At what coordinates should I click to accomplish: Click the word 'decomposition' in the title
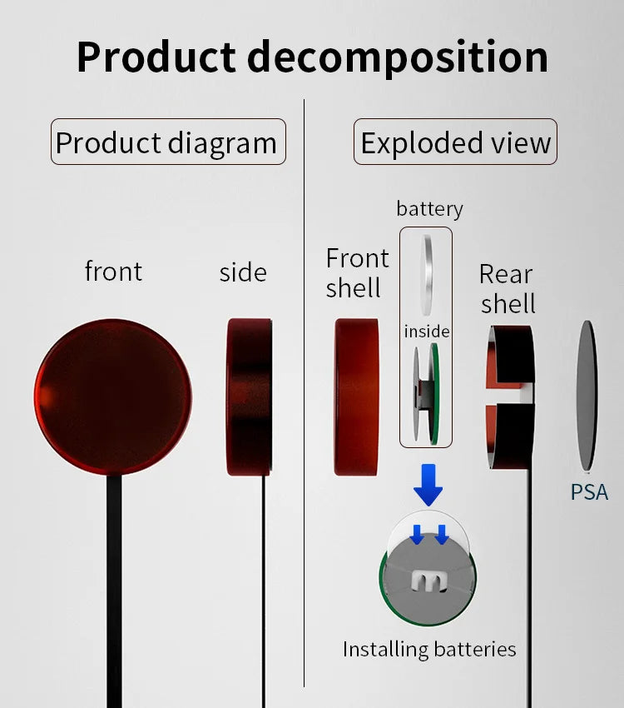[x=397, y=58]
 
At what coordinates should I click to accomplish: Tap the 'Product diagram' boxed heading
[x=168, y=142]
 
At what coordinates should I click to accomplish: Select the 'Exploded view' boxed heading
[x=455, y=142]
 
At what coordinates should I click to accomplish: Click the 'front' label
[x=113, y=271]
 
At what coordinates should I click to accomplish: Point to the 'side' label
[x=243, y=272]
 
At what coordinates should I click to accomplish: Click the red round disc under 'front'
[x=112, y=396]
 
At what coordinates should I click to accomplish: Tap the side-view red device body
[x=249, y=396]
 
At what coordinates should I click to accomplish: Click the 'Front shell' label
[x=357, y=272]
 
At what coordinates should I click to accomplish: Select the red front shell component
[x=356, y=396]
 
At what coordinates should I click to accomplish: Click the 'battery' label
[x=429, y=209]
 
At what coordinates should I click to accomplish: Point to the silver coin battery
[x=426, y=275]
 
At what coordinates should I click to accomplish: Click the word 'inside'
[x=427, y=332]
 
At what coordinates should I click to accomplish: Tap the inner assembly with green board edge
[x=426, y=393]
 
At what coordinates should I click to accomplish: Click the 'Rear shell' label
[x=508, y=288]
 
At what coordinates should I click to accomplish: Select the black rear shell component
[x=510, y=396]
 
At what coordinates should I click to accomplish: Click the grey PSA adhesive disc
[x=587, y=396]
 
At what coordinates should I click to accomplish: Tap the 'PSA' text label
[x=589, y=492]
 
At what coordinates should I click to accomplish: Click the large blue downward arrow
[x=428, y=485]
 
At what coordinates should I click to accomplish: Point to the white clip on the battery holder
[x=428, y=581]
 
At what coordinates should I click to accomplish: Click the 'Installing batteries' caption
[x=429, y=650]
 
